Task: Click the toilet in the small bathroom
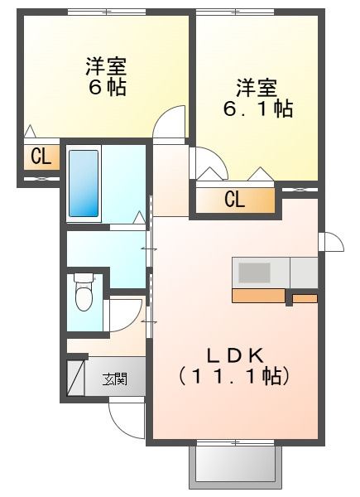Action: pyautogui.click(x=84, y=292)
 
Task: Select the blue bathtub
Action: pyautogui.click(x=84, y=183)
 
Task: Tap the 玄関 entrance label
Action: pyautogui.click(x=114, y=379)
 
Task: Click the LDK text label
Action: pyautogui.click(x=235, y=355)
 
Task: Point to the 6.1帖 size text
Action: pyautogui.click(x=258, y=109)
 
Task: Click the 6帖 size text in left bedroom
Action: pyautogui.click(x=108, y=87)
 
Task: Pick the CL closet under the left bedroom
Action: pyautogui.click(x=41, y=157)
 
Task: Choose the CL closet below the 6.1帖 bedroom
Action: pyautogui.click(x=235, y=200)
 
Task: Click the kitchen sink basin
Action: pyautogui.click(x=254, y=273)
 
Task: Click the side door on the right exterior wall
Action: pyautogui.click(x=331, y=242)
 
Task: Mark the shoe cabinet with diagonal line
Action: pyautogui.click(x=76, y=377)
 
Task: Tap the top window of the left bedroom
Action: pyautogui.click(x=107, y=12)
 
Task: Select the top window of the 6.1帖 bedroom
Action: pyautogui.click(x=235, y=12)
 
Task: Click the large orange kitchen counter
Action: pyautogui.click(x=258, y=296)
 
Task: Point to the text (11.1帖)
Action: pyautogui.click(x=233, y=376)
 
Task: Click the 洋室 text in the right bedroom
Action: pyautogui.click(x=257, y=88)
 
